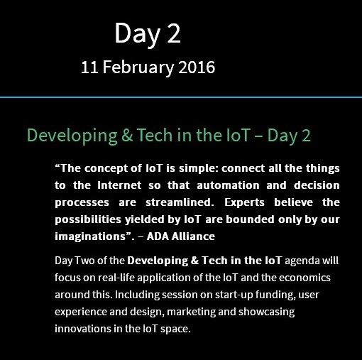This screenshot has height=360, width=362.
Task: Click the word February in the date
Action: (138, 67)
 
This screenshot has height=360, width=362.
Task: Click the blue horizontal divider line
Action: (181, 97)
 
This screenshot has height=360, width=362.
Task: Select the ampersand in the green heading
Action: (127, 135)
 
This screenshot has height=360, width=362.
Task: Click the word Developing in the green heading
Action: (72, 136)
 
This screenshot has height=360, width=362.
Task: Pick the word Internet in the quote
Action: (119, 185)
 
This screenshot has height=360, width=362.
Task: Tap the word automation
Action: (228, 185)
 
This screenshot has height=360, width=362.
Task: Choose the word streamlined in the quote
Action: (180, 202)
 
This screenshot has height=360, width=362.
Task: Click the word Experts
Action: (244, 203)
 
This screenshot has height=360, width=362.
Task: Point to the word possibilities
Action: (88, 220)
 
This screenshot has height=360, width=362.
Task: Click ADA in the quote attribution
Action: (158, 236)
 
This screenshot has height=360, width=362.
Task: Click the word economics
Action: (305, 278)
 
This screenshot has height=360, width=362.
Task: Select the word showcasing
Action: (266, 312)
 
